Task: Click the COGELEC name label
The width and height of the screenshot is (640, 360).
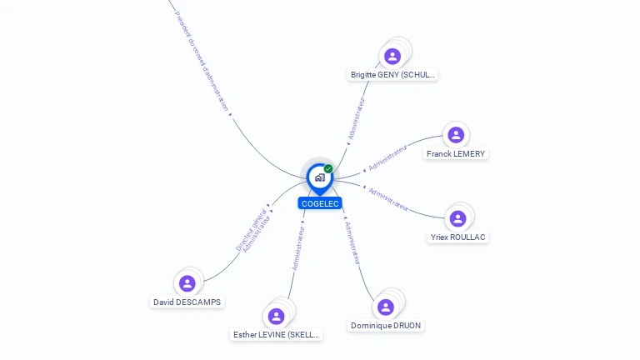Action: click(x=320, y=203)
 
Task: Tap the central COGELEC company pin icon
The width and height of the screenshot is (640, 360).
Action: click(x=319, y=177)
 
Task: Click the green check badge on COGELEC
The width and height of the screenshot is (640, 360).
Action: click(x=328, y=169)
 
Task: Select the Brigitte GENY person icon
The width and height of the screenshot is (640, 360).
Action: click(x=392, y=56)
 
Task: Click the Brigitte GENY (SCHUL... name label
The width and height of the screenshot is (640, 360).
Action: click(x=392, y=75)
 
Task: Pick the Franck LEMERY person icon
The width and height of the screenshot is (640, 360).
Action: click(x=455, y=135)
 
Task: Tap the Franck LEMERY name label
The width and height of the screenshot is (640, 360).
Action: click(x=456, y=154)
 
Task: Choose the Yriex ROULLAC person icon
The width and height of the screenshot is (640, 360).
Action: click(x=457, y=218)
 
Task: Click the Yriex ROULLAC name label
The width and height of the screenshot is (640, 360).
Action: click(x=458, y=237)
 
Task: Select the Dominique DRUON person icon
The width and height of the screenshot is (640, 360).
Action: click(x=385, y=307)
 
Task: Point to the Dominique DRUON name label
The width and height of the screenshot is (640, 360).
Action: click(x=386, y=326)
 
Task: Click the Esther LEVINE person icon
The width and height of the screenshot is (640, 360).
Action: click(x=276, y=316)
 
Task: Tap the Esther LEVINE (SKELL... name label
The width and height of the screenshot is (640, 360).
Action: click(x=276, y=335)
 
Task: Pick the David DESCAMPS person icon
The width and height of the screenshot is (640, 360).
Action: click(x=187, y=283)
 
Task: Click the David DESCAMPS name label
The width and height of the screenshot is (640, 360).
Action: click(x=187, y=302)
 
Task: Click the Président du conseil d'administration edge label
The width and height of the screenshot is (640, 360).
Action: click(x=202, y=62)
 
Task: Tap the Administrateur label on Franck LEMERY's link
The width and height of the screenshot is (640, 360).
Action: click(x=387, y=156)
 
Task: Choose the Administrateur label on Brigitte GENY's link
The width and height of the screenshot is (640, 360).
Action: click(x=357, y=118)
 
